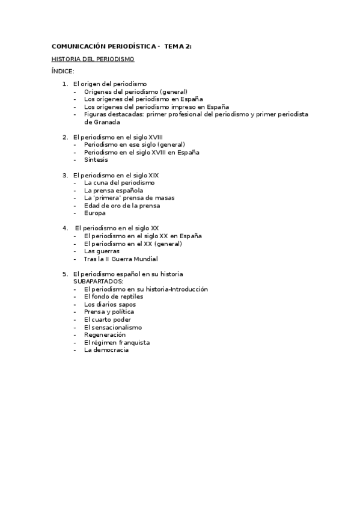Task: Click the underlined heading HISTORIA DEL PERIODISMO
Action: [x=93, y=60]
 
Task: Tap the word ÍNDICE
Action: [x=63, y=72]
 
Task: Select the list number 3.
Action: [x=65, y=175]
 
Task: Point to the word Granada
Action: [x=98, y=122]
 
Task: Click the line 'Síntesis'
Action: [x=96, y=160]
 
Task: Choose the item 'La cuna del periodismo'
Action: [x=119, y=183]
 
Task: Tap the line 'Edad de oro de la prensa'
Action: [x=122, y=206]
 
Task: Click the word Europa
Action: [x=95, y=213]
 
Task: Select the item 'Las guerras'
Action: [x=102, y=251]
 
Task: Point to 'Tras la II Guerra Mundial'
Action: [x=121, y=259]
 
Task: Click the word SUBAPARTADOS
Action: [x=98, y=281]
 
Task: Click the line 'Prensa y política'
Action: [x=109, y=312]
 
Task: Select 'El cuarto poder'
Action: [x=106, y=320]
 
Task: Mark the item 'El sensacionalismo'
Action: [x=113, y=327]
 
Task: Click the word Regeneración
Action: [x=105, y=335]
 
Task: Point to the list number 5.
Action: [x=65, y=274]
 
